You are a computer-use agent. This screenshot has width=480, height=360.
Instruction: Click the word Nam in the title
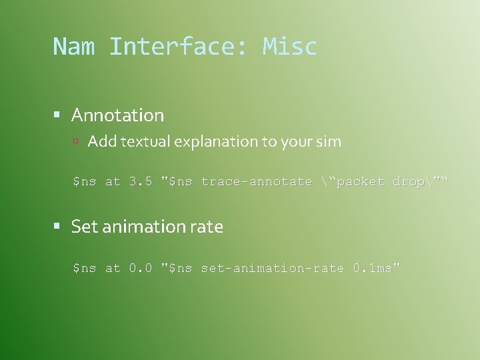point(74,47)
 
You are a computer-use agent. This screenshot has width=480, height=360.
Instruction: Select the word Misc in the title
point(290,47)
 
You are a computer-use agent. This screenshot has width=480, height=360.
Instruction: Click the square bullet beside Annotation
point(58,115)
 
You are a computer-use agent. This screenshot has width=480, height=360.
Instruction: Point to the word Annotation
point(117,115)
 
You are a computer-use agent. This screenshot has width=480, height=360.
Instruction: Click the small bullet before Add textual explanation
point(76,141)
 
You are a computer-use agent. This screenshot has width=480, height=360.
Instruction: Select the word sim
point(329,141)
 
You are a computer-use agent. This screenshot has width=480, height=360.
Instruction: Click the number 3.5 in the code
point(141,181)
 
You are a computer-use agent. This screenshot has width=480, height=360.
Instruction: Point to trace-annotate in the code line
point(257,181)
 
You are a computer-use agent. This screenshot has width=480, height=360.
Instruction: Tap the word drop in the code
point(408,181)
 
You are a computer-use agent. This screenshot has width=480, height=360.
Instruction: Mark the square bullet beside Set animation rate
point(58,227)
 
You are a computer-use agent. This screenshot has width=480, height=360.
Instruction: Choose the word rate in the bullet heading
point(206,227)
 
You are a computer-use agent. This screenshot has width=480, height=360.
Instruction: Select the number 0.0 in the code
point(141,268)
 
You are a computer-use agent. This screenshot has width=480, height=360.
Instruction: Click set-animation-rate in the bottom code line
point(272,268)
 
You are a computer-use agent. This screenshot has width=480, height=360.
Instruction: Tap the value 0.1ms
point(374,268)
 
